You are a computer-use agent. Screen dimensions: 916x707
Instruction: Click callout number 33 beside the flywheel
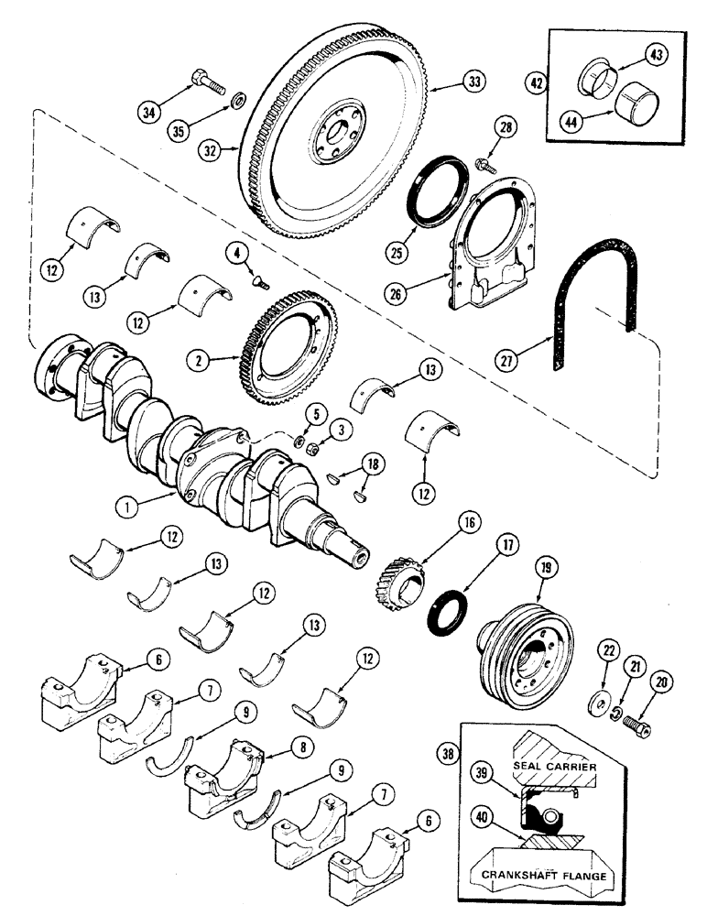pos(473,82)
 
